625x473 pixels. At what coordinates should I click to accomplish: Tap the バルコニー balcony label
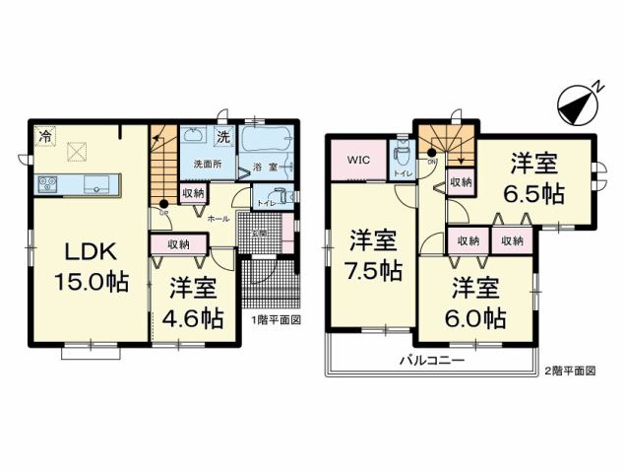430,362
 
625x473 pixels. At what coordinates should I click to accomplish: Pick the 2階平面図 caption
570,371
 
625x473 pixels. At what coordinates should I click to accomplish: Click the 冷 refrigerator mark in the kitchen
45,136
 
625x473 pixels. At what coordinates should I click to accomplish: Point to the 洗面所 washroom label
206,163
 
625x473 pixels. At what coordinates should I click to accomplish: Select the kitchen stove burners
49,182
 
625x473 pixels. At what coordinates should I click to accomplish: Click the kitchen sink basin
98,182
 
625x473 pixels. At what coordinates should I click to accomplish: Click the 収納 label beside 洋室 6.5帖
459,181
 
